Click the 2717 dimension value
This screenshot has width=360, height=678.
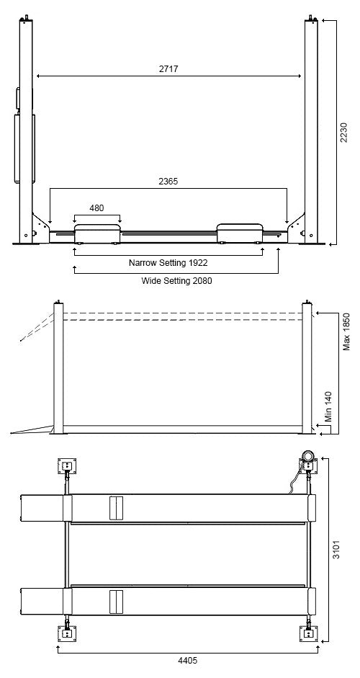168,68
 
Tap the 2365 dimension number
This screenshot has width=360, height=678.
168,182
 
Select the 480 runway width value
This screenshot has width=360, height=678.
96,208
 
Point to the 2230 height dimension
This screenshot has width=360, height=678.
343,133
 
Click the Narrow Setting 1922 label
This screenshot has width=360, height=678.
168,262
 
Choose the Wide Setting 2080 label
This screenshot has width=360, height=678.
176,280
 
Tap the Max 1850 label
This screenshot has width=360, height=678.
346,331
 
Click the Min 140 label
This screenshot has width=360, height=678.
329,406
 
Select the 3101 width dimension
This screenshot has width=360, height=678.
336,549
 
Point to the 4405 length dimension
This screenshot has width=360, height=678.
188,660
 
